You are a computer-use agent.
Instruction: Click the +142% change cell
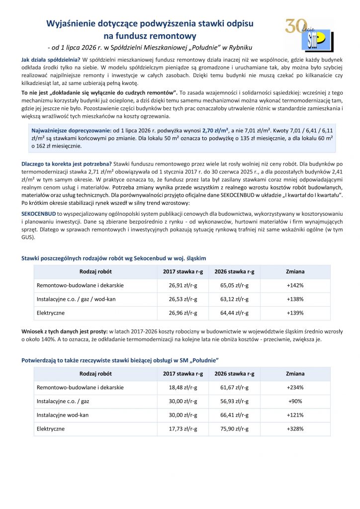coord(295,286)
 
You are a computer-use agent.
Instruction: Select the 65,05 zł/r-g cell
coord(234,286)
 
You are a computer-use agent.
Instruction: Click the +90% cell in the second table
coord(295,401)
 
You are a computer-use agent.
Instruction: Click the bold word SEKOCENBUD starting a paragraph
coord(39,213)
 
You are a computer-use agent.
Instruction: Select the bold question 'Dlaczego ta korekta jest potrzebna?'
coord(67,164)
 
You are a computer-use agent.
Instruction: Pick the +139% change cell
coord(295,314)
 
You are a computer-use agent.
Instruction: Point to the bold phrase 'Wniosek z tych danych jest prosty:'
coord(65,331)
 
